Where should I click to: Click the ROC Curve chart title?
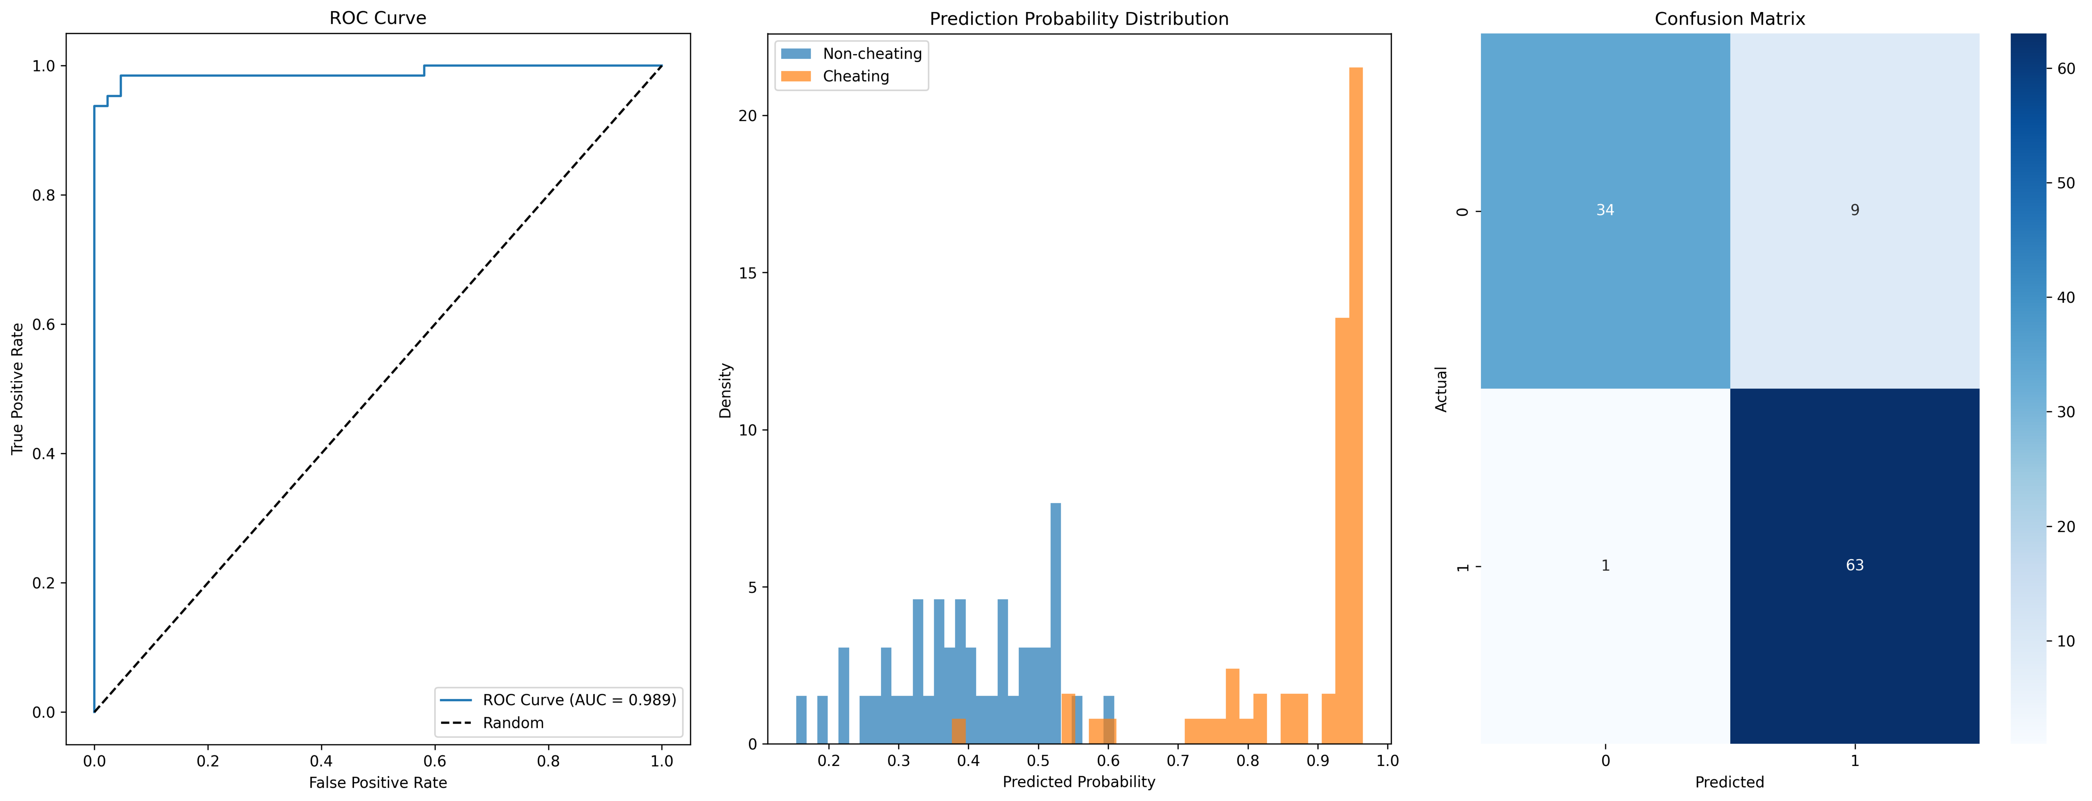(378, 18)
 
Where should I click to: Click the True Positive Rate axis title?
(17, 389)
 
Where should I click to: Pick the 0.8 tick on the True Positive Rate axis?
(49, 195)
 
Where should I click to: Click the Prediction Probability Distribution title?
(1078, 19)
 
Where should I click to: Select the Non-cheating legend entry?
(871, 54)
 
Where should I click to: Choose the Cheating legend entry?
(855, 76)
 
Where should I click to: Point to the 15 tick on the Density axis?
(747, 273)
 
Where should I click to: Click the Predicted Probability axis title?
(1078, 782)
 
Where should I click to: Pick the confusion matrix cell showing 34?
(1605, 211)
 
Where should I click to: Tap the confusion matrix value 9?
(1854, 211)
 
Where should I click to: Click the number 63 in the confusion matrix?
(1854, 566)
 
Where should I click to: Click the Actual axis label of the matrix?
(1441, 389)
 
